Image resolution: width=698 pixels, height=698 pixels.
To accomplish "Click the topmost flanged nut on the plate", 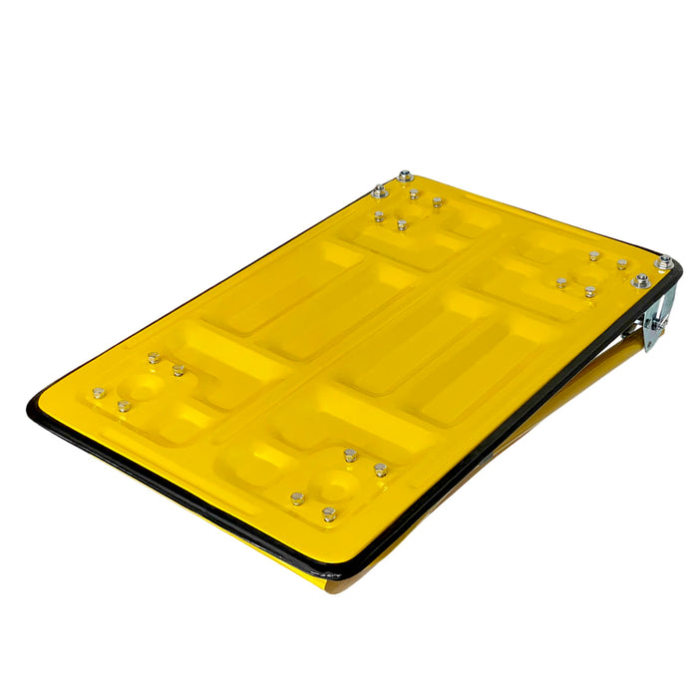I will click(405, 176).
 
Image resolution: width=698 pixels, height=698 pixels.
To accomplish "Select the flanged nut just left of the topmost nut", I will click(379, 190).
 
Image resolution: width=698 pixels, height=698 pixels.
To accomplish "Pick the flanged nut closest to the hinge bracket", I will click(640, 282).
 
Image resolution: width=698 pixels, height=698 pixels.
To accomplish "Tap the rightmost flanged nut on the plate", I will click(663, 262).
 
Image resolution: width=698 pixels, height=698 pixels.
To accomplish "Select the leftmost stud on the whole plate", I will click(99, 393).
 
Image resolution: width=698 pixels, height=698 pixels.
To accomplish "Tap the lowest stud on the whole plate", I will click(328, 515).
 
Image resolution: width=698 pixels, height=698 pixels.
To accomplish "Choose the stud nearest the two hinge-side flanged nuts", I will click(621, 265).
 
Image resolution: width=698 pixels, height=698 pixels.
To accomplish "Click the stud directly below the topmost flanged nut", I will click(414, 193).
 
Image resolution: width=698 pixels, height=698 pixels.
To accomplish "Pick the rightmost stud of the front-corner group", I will click(380, 469).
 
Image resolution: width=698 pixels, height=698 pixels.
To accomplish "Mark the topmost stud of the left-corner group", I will click(154, 357).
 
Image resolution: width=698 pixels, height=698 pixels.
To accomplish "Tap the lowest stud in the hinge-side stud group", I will click(589, 292).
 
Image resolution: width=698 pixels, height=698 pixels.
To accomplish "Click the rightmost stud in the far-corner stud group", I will click(437, 202).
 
